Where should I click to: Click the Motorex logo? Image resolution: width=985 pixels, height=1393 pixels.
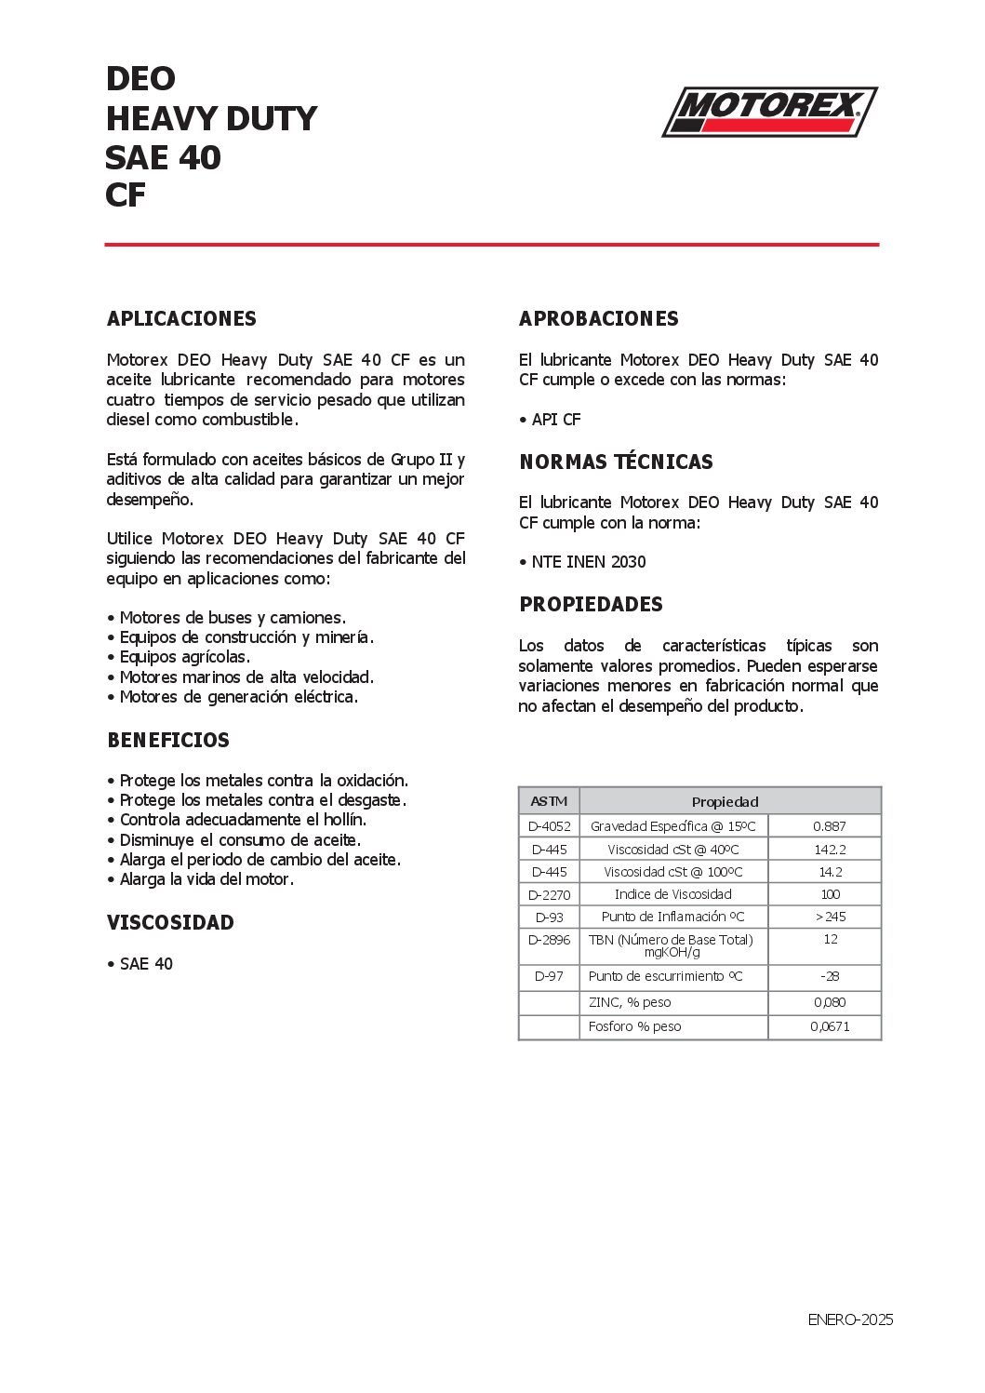[769, 112]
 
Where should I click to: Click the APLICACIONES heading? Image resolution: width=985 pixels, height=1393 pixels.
[181, 319]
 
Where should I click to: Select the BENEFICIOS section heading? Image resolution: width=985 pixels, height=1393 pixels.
[168, 741]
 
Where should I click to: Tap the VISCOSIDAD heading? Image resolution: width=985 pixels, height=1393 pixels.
[170, 923]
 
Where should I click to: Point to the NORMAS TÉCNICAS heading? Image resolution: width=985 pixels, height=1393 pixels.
[616, 462]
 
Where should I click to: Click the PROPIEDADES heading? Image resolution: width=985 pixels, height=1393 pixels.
[591, 605]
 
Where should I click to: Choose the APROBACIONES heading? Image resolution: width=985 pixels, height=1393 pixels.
[598, 319]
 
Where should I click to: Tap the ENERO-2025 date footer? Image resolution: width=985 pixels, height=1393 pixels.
[849, 1319]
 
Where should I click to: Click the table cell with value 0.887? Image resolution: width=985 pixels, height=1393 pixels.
[829, 826]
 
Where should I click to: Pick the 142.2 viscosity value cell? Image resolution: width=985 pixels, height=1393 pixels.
[829, 850]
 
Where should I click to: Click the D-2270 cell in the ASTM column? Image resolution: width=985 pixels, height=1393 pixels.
[549, 895]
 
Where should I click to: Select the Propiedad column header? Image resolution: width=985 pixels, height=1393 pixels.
[725, 802]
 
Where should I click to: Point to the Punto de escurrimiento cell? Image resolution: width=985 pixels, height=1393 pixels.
[665, 976]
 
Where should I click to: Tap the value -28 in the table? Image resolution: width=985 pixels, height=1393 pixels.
[829, 976]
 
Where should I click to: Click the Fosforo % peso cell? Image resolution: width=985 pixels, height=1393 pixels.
[634, 1026]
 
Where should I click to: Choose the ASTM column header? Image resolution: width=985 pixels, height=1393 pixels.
[549, 802]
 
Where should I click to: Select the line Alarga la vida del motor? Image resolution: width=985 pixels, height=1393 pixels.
[206, 879]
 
